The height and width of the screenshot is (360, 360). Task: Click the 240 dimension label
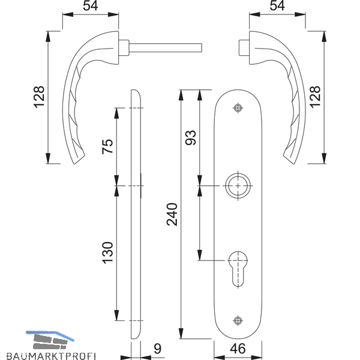tap(172, 214)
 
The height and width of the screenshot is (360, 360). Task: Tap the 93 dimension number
tap(191, 137)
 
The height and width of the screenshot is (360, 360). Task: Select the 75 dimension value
tap(107, 146)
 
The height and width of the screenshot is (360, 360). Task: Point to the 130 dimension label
tap(107, 253)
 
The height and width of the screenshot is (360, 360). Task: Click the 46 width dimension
tap(238, 349)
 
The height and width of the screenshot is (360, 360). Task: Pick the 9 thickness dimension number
tap(157, 349)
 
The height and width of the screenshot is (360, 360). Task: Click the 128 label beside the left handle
tap(39, 97)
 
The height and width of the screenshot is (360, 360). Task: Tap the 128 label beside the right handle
tap(315, 97)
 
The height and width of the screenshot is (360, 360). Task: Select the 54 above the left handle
tap(91, 5)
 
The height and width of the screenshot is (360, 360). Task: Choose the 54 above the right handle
tap(277, 5)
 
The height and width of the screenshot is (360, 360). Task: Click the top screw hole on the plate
tap(238, 108)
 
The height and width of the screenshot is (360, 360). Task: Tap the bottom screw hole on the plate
tap(238, 320)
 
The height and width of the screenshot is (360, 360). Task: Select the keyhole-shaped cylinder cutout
tap(238, 269)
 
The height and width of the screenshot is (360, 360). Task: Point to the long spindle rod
tap(166, 48)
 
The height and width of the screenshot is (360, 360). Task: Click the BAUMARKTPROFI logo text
tap(51, 356)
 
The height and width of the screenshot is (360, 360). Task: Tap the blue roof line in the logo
tap(49, 335)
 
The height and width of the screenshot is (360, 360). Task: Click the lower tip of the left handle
tap(74, 164)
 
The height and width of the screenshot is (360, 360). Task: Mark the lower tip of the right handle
tap(293, 164)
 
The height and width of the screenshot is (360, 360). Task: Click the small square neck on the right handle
tap(244, 48)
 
